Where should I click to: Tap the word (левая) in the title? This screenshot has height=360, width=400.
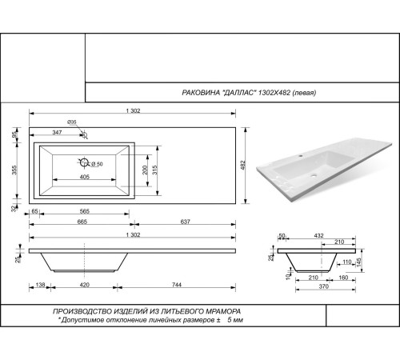(x=299, y=93)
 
